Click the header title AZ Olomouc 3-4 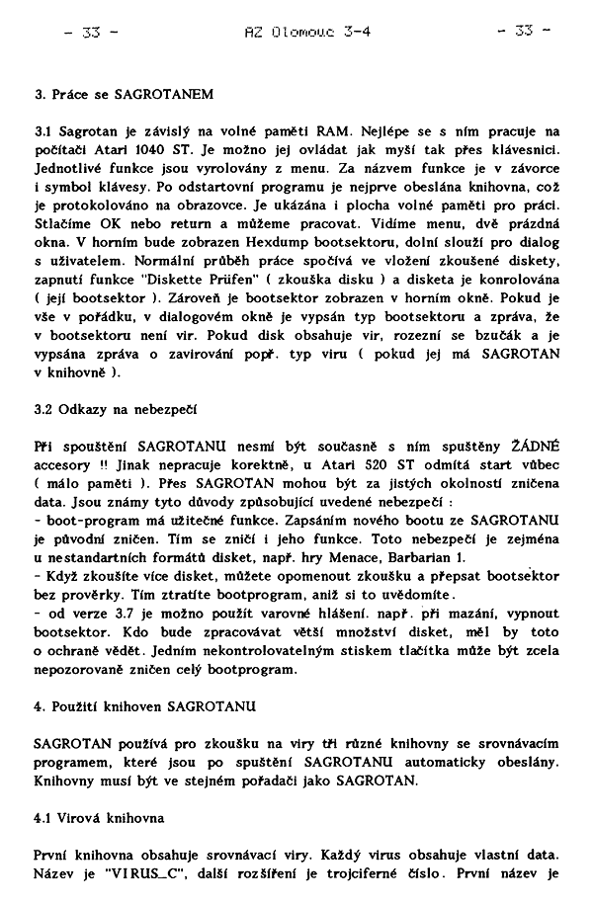(x=306, y=31)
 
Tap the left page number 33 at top (x=91, y=31)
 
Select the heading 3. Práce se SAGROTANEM (x=124, y=96)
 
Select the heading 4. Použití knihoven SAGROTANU (x=145, y=706)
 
